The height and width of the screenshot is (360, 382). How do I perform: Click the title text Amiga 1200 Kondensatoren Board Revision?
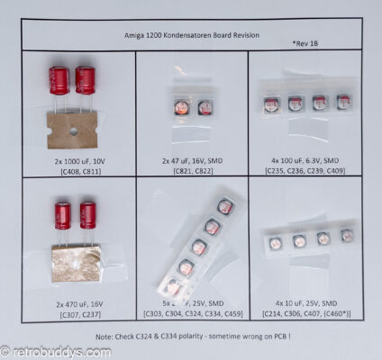190,35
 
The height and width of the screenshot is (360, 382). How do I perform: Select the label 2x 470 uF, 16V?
77,292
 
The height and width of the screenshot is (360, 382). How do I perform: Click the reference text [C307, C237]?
77,303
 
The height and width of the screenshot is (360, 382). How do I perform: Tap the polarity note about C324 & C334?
192,335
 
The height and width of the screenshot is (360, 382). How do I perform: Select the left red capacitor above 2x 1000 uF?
59,80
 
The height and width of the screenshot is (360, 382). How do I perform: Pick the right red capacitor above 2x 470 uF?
87,215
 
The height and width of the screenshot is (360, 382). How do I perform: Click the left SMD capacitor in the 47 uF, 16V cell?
181,108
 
